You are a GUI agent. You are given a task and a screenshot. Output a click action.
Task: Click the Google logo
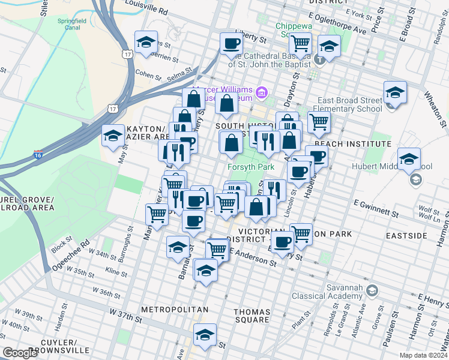point(20,353)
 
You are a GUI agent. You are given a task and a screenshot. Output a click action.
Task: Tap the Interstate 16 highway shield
point(38,154)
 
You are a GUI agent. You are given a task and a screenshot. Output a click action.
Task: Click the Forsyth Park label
point(250,167)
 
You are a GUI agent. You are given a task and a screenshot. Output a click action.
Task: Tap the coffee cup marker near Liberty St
point(231,44)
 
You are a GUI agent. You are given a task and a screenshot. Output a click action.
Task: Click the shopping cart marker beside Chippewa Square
point(300,43)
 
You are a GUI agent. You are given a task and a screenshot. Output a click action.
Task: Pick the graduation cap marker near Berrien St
point(146,43)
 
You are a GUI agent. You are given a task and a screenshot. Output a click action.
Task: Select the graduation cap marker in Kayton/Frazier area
point(112,136)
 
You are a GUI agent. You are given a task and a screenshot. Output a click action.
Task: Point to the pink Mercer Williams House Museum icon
point(261,92)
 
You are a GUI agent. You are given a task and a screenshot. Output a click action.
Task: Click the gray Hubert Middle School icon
point(415,179)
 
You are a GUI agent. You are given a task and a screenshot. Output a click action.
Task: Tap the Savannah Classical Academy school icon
point(373,291)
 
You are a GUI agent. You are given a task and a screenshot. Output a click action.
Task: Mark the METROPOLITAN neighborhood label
point(174,310)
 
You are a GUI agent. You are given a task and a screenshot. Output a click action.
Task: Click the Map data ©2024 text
point(424,355)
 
